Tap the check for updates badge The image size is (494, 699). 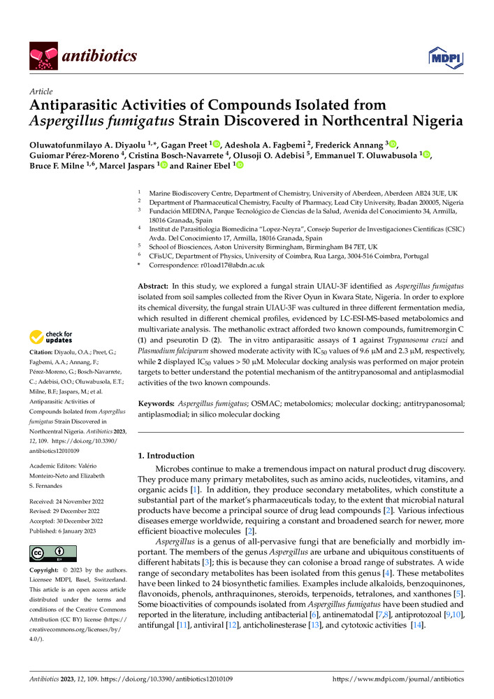tap(55, 338)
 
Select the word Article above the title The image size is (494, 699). tap(41, 92)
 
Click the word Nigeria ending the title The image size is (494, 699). tap(439, 120)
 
